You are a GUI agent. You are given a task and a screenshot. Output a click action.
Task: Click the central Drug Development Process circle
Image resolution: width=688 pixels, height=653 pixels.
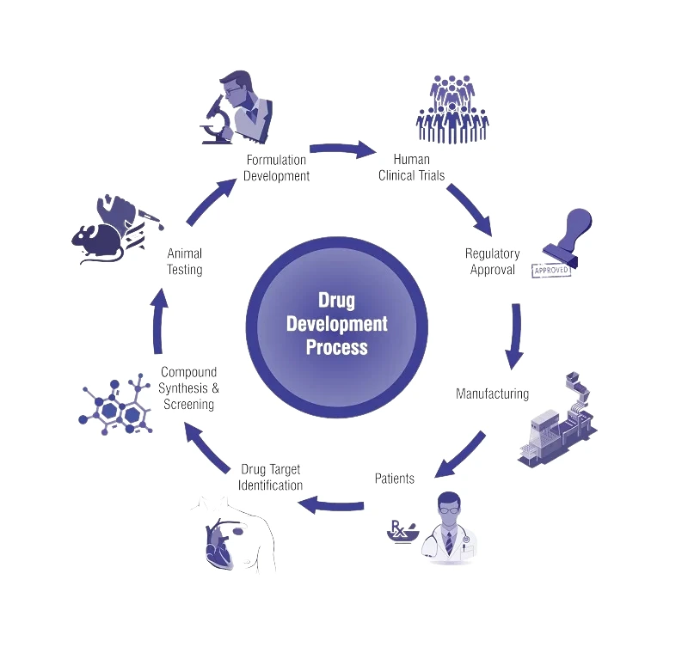337,324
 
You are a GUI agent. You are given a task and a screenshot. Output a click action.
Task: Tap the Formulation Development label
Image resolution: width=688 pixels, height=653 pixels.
276,168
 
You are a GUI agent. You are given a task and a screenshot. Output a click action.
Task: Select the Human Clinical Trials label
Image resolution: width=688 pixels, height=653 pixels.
411,168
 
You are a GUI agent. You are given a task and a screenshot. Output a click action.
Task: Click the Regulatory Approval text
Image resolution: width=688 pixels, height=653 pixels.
493,261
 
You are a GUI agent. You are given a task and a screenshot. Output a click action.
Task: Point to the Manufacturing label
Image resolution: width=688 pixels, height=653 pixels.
492,394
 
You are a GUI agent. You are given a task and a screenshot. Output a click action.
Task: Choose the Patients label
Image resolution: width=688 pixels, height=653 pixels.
395,478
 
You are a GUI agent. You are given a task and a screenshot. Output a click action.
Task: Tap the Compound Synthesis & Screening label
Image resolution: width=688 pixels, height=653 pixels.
189,388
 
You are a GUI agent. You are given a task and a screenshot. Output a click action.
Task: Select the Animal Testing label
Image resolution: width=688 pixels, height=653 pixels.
185,261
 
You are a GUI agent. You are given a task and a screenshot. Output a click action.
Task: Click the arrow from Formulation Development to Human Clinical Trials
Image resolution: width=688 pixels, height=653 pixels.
342,151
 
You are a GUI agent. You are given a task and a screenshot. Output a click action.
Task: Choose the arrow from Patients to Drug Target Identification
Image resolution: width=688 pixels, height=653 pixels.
331,504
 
